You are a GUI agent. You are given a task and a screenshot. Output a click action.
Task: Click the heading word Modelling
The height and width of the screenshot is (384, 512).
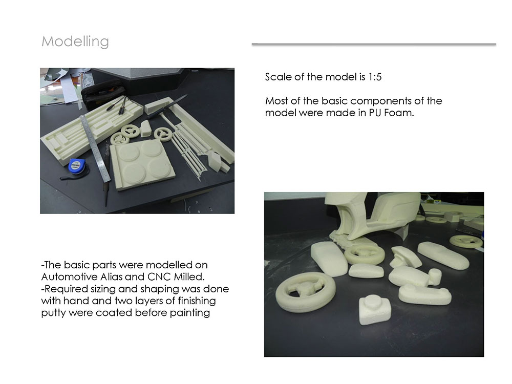(x=75, y=41)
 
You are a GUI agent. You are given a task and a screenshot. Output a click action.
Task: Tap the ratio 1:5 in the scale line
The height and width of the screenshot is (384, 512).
(x=375, y=77)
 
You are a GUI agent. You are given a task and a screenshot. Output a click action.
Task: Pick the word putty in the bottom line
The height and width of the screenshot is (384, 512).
(x=53, y=313)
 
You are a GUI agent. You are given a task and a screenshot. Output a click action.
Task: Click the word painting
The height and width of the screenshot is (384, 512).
(x=190, y=313)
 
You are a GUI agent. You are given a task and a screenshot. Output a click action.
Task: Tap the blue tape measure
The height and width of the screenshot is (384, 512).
(x=77, y=166)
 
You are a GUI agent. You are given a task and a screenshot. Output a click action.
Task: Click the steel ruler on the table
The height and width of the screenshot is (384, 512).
(x=95, y=148)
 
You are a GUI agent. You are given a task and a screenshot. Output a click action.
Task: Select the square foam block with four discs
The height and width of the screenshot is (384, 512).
(x=142, y=164)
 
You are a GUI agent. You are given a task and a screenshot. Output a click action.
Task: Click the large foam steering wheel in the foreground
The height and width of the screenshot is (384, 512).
(x=306, y=292)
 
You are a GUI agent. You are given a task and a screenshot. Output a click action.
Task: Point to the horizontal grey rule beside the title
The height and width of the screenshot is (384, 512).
(x=374, y=44)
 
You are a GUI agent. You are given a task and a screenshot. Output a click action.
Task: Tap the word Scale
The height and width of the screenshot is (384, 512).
(x=278, y=77)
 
